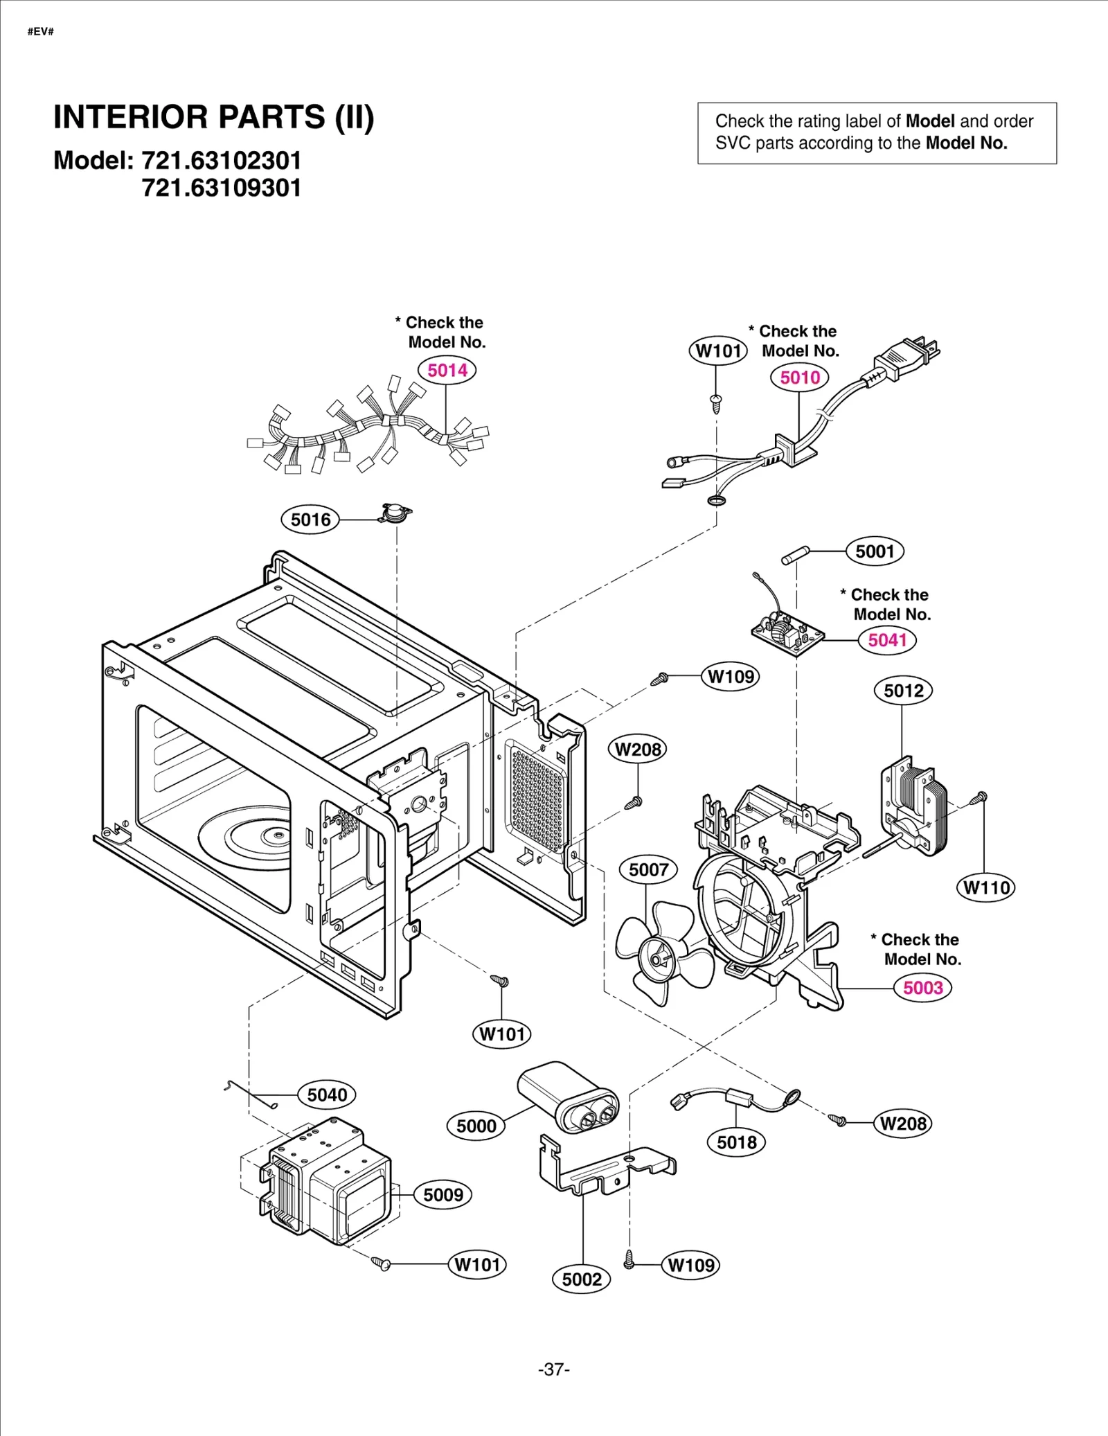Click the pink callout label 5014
(x=447, y=370)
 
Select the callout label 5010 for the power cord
(x=800, y=378)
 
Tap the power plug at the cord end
(x=907, y=357)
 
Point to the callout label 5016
(x=310, y=520)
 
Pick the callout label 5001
(x=875, y=551)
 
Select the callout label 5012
(x=904, y=691)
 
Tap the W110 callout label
(x=987, y=887)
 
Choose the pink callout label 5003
(x=923, y=988)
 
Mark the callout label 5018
(x=737, y=1142)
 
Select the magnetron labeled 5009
(x=325, y=1184)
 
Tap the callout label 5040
(x=327, y=1095)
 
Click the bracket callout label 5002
(x=582, y=1279)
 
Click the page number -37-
(x=553, y=1369)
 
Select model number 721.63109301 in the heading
(x=222, y=188)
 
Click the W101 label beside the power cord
(x=718, y=351)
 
